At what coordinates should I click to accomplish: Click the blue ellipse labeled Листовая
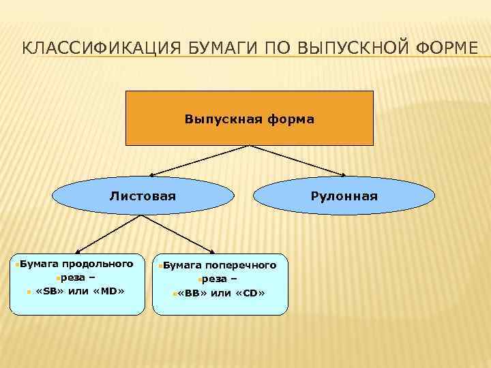coord(143,196)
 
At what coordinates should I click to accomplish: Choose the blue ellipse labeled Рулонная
coord(344,196)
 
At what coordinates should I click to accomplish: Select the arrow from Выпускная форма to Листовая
coord(198,161)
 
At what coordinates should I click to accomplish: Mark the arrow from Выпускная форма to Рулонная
coord(300,161)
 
